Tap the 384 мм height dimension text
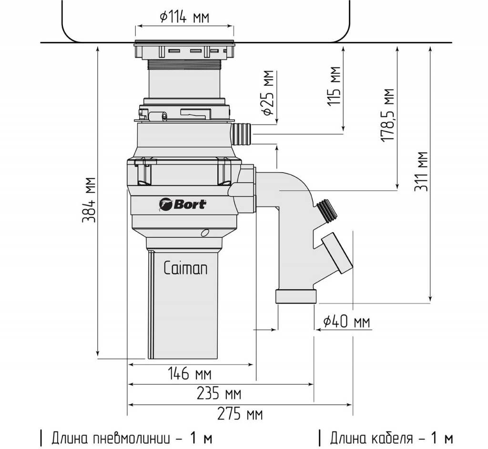coord(88,200)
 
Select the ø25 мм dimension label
coord(268,93)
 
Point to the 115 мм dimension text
coord(334,86)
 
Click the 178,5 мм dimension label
coord(387,115)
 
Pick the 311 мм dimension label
coord(421,172)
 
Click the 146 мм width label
coord(189,373)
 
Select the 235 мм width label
coord(219,394)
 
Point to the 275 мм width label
coord(240,414)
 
